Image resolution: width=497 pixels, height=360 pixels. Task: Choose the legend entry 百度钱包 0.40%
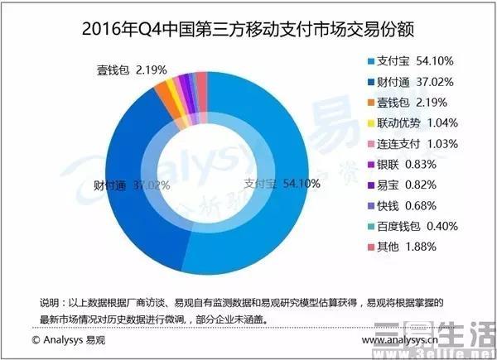419,223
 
